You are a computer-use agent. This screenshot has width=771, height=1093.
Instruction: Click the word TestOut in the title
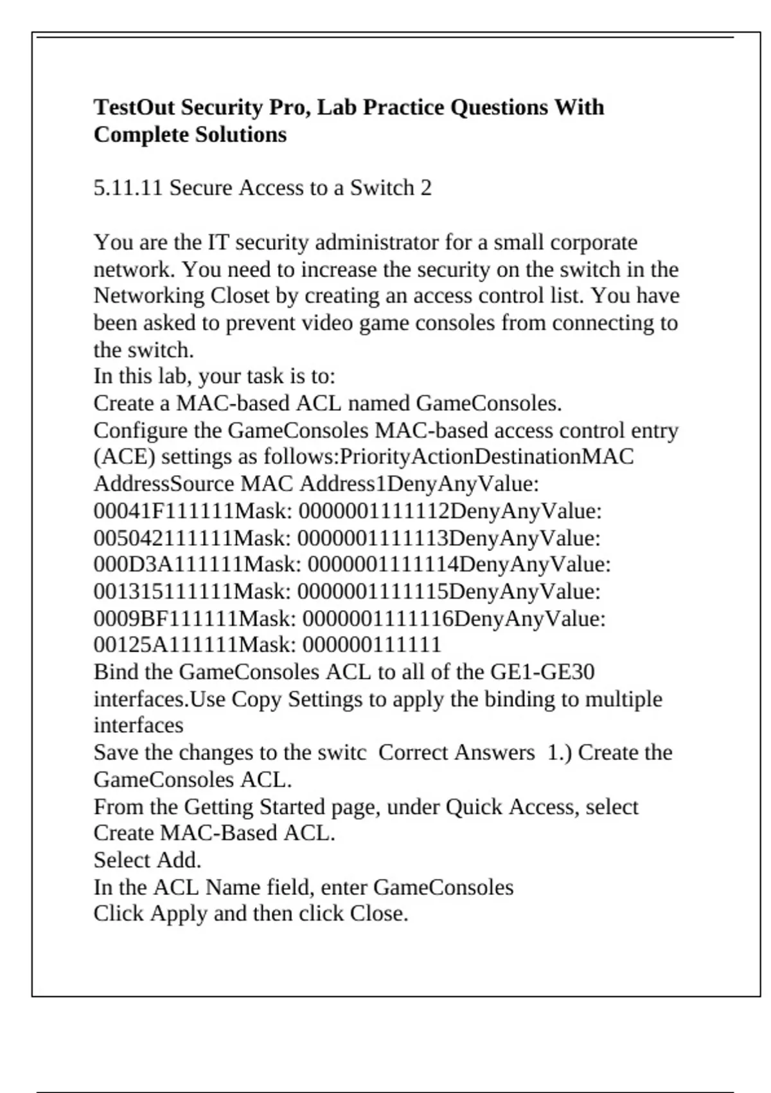coord(134,107)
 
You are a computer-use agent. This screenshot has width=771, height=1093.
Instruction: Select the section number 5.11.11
coord(128,188)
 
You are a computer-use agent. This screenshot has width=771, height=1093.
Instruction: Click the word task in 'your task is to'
coord(265,376)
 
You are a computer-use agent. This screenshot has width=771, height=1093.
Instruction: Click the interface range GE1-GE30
coord(542,672)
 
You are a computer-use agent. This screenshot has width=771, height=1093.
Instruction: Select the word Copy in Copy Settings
coord(256,699)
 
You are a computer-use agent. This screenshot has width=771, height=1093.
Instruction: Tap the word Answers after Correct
coord(494,752)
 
